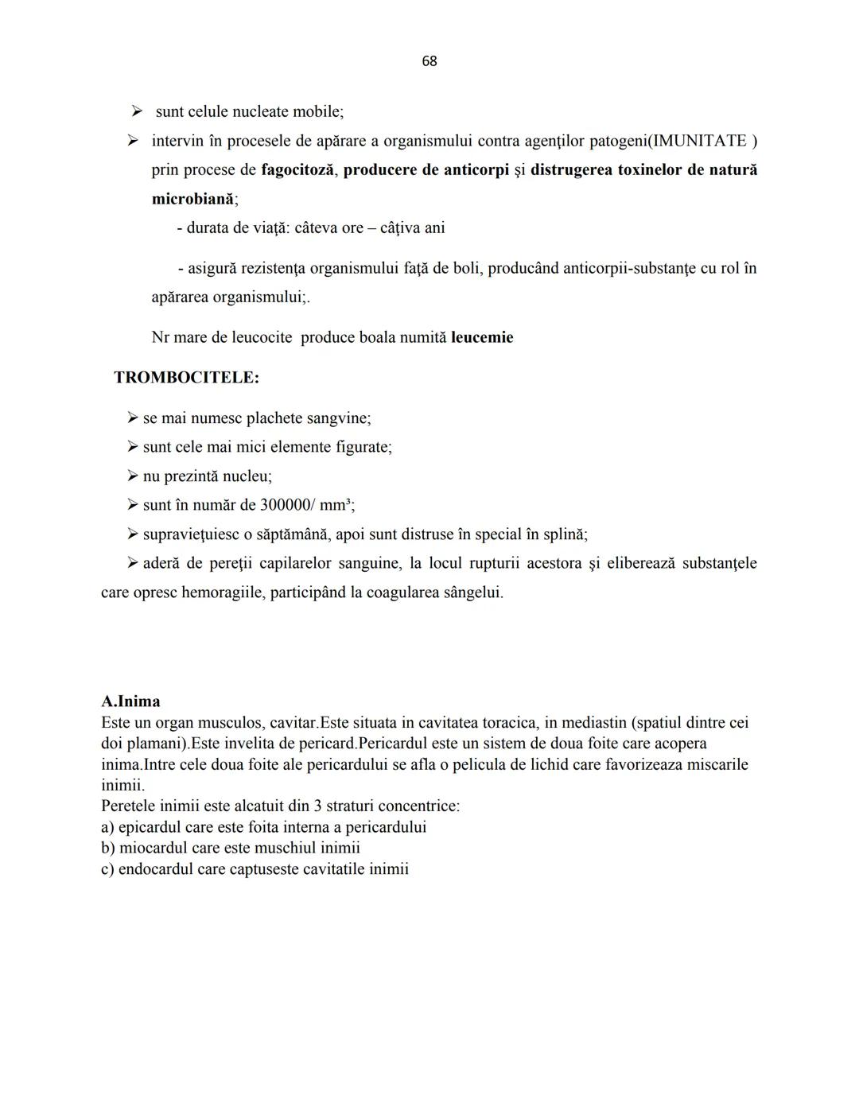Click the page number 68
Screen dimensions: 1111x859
(429, 61)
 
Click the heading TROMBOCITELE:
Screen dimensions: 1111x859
(186, 377)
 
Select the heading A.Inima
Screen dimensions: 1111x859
(130, 701)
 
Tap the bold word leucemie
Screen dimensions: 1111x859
(482, 337)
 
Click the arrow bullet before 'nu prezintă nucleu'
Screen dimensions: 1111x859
(133, 476)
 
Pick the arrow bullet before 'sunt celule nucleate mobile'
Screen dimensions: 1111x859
(137, 112)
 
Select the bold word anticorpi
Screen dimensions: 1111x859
(475, 170)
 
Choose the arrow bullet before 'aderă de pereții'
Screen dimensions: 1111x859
(133, 563)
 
